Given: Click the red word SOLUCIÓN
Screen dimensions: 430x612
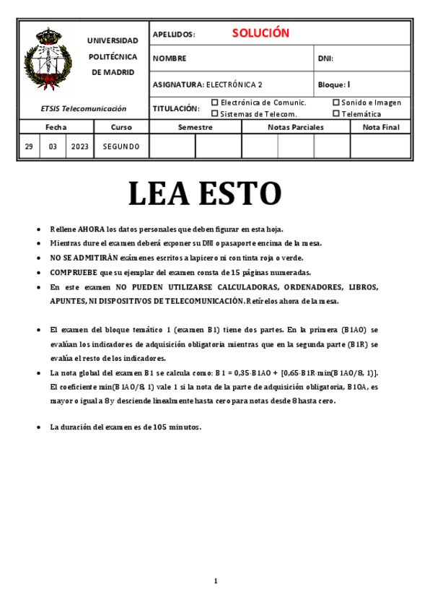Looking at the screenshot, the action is [x=260, y=33].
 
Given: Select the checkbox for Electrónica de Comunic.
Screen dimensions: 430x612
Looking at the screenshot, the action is [x=214, y=102].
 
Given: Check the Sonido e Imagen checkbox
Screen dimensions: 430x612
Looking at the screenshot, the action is [x=336, y=102].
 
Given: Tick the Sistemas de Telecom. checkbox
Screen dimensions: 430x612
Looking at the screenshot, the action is [x=214, y=113].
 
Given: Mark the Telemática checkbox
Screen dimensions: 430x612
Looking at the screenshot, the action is [x=336, y=113].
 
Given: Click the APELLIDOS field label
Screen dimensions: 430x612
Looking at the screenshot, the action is [x=174, y=35].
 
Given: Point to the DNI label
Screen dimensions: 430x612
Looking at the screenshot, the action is [x=325, y=58].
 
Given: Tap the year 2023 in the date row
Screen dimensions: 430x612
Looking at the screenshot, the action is [x=80, y=147].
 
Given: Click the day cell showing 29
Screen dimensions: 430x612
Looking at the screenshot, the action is [x=29, y=147].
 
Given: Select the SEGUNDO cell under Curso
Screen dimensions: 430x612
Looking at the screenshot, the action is [x=121, y=147].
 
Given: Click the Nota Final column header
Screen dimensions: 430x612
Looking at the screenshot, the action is [x=381, y=127].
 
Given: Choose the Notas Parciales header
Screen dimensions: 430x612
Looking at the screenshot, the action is [x=296, y=127].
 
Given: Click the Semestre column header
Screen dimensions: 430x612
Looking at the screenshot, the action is [x=196, y=127].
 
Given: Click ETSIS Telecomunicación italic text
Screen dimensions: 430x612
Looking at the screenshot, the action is [x=84, y=109].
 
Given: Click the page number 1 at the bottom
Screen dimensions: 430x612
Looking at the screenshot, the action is [x=215, y=581].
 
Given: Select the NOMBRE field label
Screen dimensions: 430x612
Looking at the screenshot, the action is [x=170, y=58].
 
